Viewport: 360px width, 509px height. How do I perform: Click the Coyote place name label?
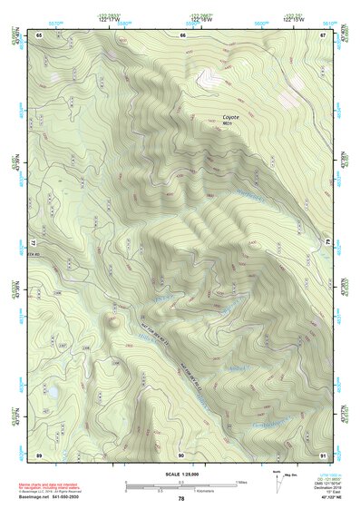click(x=232, y=116)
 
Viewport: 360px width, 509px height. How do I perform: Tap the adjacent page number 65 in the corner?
click(x=39, y=34)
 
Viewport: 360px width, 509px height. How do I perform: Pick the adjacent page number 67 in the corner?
click(x=323, y=34)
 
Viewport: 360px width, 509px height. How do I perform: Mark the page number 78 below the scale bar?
click(x=181, y=499)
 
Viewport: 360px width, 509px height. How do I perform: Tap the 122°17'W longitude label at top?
click(x=114, y=21)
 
